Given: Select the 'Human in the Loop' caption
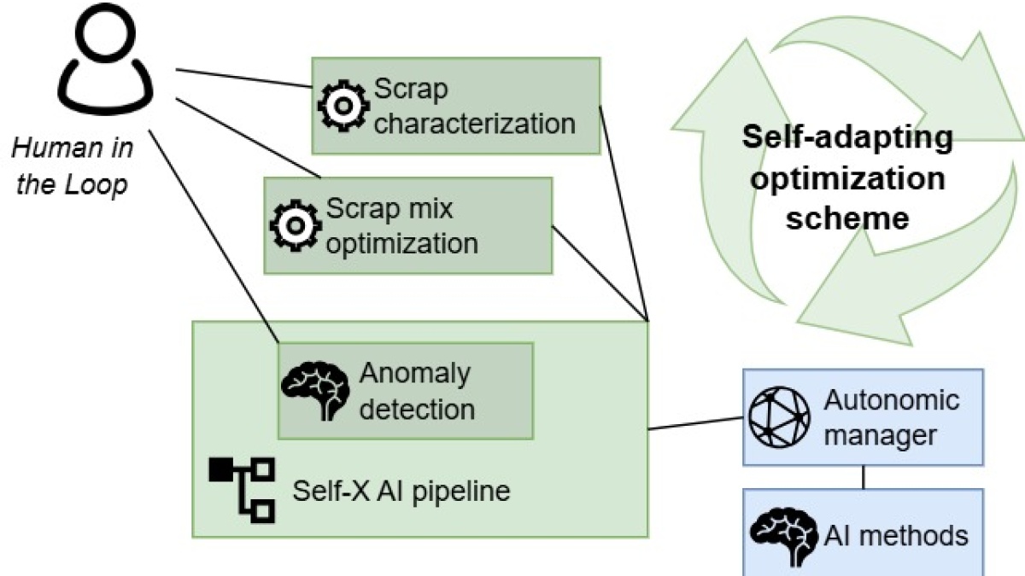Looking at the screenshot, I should (72, 167).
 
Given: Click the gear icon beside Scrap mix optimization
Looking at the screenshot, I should (296, 224).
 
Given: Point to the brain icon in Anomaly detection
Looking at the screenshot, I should (315, 389).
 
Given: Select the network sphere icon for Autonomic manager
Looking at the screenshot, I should (778, 417).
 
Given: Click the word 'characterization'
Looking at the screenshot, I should (475, 123).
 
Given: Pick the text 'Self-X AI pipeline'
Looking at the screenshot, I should (401, 492).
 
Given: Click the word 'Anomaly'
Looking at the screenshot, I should (415, 374).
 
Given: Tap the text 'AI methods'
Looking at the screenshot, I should (896, 535).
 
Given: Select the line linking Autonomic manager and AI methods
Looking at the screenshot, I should (863, 477).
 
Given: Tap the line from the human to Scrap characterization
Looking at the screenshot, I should (243, 78).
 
